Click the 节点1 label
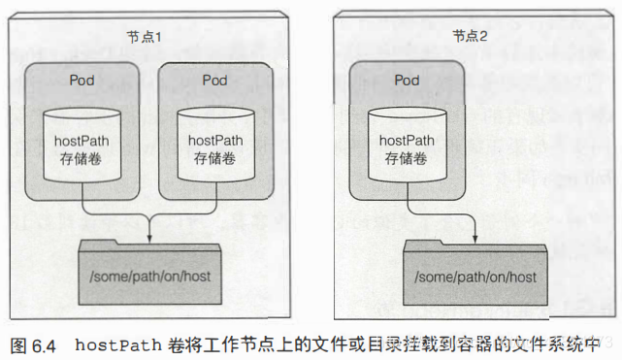144,36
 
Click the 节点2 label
469,36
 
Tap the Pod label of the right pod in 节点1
214,78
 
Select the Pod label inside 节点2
409,78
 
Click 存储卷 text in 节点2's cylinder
409,158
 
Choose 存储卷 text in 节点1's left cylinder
82,158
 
